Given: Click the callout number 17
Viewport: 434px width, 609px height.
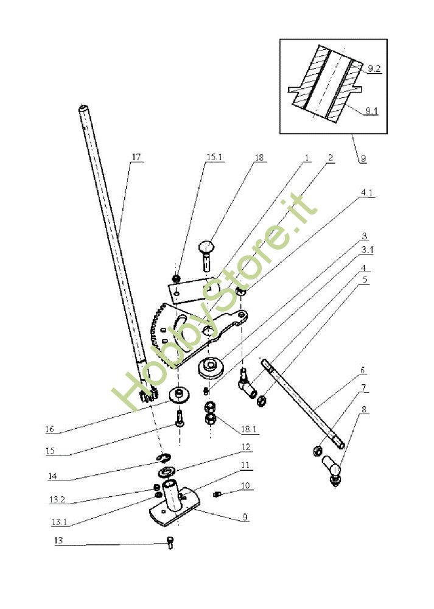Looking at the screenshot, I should (x=136, y=157).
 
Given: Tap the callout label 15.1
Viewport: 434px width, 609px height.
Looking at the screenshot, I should (x=215, y=157).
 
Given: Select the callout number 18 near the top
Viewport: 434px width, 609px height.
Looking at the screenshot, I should (x=260, y=157).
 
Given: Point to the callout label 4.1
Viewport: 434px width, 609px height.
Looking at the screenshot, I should (x=367, y=192).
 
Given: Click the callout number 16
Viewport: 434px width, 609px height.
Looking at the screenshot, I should (x=49, y=429).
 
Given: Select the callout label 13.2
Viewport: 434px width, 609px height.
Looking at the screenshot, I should (x=57, y=499).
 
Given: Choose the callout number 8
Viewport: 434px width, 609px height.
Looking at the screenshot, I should (x=363, y=410).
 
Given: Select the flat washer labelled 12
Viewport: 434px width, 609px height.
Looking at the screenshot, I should (x=166, y=472).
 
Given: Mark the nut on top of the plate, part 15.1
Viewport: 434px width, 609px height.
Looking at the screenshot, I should (x=177, y=279).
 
